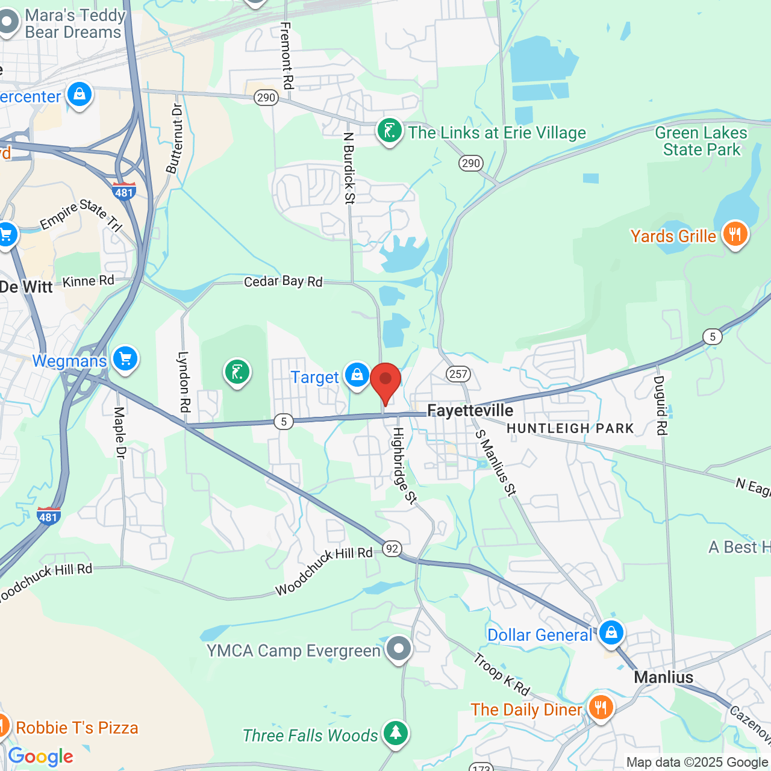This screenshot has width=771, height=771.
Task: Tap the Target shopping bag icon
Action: click(x=357, y=375)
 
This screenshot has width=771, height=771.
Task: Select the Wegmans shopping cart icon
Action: click(x=125, y=359)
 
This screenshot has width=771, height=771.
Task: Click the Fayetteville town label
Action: click(x=470, y=411)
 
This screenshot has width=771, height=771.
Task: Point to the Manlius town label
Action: click(x=663, y=678)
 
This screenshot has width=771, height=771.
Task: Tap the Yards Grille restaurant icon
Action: click(x=735, y=234)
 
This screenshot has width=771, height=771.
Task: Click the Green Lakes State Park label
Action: click(x=701, y=141)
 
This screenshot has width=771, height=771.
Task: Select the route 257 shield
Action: click(x=458, y=374)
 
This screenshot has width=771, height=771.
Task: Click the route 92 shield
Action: click(x=392, y=549)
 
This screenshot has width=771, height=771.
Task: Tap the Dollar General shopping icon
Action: click(x=611, y=633)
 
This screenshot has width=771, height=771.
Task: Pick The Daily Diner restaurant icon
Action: click(x=601, y=708)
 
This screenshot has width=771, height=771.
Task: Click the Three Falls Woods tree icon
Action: click(x=395, y=733)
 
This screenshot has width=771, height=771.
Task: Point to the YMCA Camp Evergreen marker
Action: click(x=398, y=649)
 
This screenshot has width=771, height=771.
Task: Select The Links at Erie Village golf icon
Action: click(x=389, y=131)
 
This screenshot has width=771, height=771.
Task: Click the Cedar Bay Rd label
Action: click(x=283, y=281)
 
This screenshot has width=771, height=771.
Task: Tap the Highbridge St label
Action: click(x=404, y=465)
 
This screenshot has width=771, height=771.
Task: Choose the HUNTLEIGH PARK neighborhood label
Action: click(x=570, y=428)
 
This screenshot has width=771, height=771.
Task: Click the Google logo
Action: click(x=41, y=757)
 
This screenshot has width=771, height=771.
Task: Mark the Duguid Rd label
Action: click(x=660, y=405)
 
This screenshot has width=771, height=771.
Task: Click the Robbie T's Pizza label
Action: click(x=77, y=728)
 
